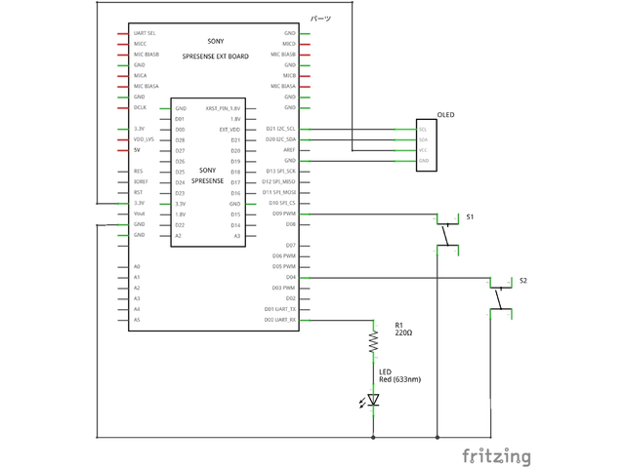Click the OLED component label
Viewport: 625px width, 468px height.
pos(446,115)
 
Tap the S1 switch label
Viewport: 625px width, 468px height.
pos(469,214)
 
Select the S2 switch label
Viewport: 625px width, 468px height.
pos(523,280)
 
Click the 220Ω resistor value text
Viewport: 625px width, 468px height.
pos(403,332)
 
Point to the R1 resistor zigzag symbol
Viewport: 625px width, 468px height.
pos(373,341)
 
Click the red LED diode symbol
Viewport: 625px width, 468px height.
pos(373,399)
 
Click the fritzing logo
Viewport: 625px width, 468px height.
pos(497,455)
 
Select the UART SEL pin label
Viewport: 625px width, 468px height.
pos(145,33)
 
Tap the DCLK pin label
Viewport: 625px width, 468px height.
pos(140,107)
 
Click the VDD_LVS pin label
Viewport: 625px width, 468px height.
pos(144,139)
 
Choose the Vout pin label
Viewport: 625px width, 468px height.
pos(139,214)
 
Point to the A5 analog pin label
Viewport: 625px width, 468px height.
pos(137,320)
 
